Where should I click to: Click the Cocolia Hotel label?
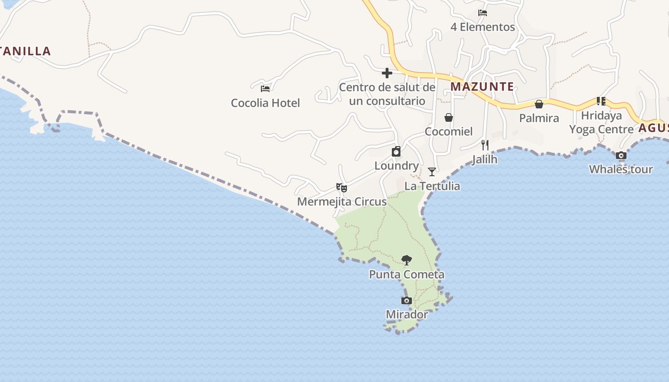265,103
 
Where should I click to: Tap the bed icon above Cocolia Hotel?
265,88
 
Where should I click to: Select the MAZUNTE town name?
482,87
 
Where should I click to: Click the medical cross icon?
387,73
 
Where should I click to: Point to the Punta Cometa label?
407,275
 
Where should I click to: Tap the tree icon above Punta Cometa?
407,260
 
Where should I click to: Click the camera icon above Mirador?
407,300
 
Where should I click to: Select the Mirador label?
407,315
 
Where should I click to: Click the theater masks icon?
342,187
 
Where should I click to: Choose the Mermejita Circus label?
342,202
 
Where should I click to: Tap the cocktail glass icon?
432,172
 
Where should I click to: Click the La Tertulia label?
432,186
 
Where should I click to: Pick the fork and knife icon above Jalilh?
485,145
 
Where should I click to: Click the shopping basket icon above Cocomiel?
449,117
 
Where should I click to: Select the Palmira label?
539,118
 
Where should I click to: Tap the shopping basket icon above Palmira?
539,104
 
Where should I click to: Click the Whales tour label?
621,169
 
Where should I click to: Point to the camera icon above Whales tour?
621,155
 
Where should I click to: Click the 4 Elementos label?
483,27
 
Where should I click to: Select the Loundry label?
396,166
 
